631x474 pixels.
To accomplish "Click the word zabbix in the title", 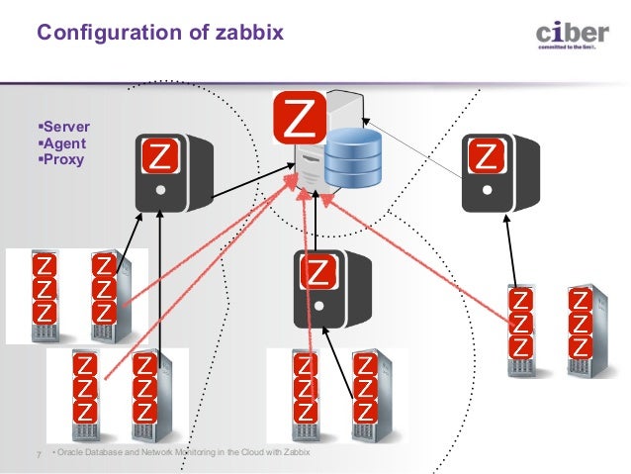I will (x=247, y=34).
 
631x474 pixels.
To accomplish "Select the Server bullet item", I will (x=61, y=128).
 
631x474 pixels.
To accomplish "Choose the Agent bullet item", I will (x=59, y=143).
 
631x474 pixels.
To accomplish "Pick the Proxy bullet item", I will (x=58, y=159).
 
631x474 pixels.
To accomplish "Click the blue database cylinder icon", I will (x=354, y=158).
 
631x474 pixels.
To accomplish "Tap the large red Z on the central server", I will (x=300, y=120).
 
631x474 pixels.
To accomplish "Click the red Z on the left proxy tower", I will (x=159, y=157).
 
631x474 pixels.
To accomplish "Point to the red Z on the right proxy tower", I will (x=486, y=155).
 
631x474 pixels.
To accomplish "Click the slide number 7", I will (x=39, y=454).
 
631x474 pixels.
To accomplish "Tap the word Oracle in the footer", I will (x=76, y=453).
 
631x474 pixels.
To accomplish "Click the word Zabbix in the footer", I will (x=296, y=453).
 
